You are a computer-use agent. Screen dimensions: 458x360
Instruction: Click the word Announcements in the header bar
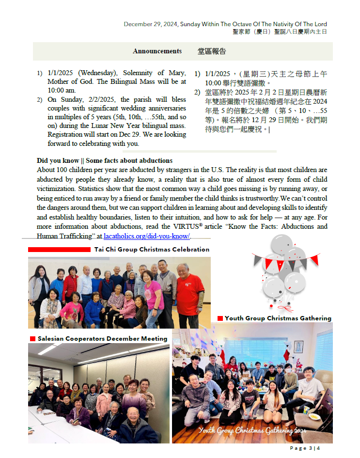[157, 51]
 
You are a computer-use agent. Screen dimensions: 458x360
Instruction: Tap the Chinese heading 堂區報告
[212, 51]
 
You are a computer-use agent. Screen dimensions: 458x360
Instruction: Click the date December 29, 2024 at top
[151, 24]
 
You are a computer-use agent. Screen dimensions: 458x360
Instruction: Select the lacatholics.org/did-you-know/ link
[147, 236]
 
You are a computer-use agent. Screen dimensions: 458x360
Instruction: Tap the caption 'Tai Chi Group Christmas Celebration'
[152, 250]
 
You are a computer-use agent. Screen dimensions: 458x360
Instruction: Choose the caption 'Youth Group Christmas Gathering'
[278, 318]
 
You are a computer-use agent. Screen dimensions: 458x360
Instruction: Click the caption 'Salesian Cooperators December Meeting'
[103, 338]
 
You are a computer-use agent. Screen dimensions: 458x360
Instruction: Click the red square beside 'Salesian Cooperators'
[32, 338]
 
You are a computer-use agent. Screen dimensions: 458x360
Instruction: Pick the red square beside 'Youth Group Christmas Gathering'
[220, 318]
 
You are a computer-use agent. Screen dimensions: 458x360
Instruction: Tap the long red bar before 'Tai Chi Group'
[59, 250]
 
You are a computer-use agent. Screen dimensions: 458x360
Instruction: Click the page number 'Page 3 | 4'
[305, 448]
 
